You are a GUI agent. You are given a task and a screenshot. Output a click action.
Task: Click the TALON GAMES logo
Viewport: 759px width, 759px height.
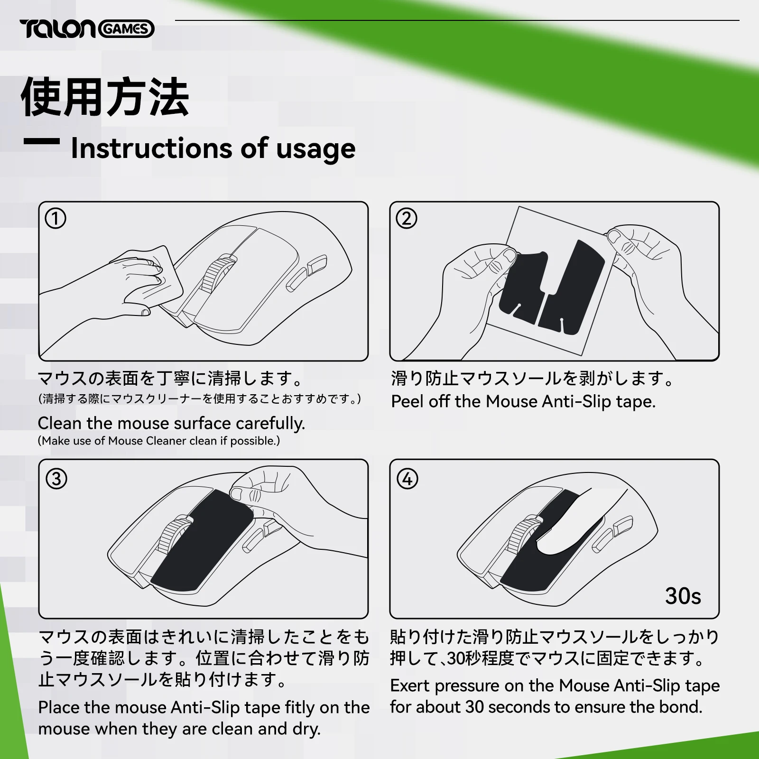(x=87, y=29)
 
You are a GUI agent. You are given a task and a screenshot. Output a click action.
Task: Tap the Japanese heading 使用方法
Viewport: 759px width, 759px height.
(x=105, y=97)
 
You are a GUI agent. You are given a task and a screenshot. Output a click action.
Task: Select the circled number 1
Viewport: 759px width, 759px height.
(x=56, y=219)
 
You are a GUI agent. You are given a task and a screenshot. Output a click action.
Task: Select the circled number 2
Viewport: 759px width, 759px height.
(x=407, y=219)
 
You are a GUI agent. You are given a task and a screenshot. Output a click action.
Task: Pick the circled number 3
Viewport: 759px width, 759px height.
(x=56, y=479)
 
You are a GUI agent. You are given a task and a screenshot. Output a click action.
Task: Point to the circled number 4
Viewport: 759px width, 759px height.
(x=407, y=479)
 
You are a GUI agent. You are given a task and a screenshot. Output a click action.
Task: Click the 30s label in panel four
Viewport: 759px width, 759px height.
(x=683, y=596)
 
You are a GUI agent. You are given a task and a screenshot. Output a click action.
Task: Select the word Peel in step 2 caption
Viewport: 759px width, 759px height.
(x=407, y=401)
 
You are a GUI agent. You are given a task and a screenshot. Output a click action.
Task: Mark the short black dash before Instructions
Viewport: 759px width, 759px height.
(x=42, y=141)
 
